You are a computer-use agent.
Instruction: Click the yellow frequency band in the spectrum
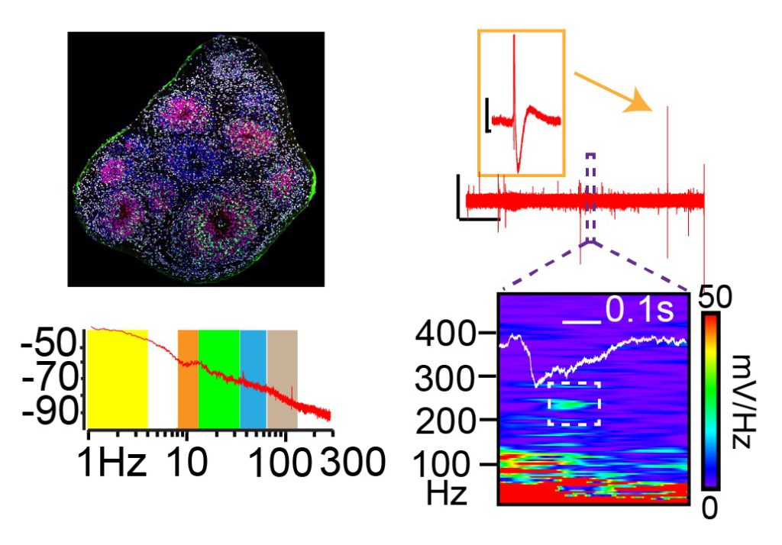118,379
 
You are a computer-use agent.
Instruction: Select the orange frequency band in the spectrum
188,379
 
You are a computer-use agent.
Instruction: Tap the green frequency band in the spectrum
219,379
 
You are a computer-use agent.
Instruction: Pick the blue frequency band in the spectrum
253,379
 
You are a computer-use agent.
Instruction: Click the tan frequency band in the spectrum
282,379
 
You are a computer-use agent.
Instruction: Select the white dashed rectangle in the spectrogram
574,403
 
